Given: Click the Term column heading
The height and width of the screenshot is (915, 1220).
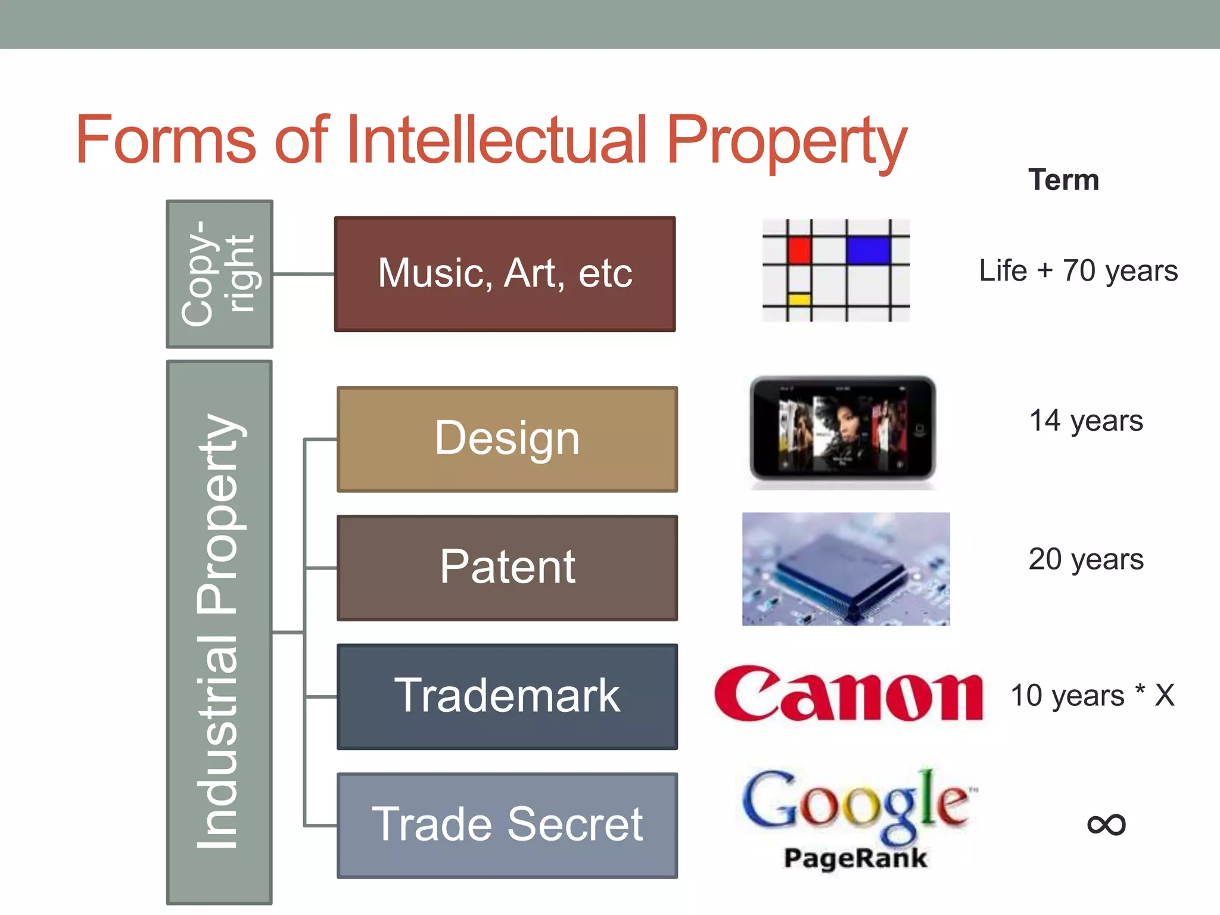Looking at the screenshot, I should (1063, 180).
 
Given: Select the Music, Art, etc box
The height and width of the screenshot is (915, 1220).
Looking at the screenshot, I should (505, 273).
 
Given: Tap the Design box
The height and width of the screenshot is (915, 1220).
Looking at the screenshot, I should (507, 439).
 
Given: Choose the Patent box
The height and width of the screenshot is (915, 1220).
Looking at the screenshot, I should (507, 568).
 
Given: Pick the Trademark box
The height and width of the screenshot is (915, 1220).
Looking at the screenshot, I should (507, 696).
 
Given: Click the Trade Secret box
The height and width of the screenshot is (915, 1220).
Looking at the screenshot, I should (507, 825).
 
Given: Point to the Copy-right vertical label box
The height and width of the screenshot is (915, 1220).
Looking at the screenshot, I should (219, 274).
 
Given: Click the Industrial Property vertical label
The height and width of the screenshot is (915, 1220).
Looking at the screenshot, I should (219, 631).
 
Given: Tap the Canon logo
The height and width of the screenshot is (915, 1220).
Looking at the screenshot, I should (848, 694).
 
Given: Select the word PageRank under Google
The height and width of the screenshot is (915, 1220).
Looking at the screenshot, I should (855, 858).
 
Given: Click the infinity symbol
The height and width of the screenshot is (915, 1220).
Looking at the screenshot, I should (1106, 824).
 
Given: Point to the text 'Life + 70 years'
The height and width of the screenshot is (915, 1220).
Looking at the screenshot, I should (1078, 271).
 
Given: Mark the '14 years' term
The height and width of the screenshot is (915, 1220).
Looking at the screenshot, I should (1086, 421).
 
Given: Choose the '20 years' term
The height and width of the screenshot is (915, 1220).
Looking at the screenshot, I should (1086, 559).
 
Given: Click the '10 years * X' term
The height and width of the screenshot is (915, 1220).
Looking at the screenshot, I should (1093, 695).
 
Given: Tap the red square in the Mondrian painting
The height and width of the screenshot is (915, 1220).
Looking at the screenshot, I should (799, 250).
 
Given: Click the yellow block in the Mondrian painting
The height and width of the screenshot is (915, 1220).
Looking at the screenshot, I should (799, 299).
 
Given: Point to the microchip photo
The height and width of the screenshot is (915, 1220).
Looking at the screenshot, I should (846, 569).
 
